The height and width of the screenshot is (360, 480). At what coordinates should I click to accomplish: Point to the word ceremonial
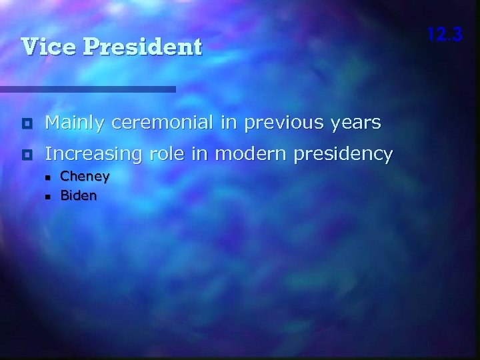(164, 123)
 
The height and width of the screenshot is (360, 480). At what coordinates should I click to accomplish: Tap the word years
(357, 123)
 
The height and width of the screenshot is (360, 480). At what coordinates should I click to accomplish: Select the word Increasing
(93, 155)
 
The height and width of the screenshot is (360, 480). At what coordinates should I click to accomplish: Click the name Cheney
(85, 177)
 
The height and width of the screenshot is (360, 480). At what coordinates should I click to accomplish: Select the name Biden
(78, 195)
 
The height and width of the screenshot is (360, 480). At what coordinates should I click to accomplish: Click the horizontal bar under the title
(87, 89)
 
